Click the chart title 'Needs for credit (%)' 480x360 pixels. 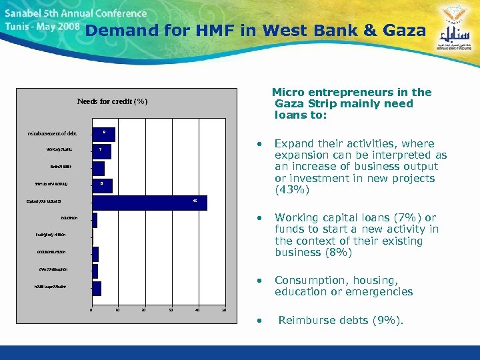pyautogui.click(x=112, y=101)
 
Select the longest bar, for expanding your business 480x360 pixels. pyautogui.click(x=149, y=203)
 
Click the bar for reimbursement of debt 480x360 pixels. pyautogui.click(x=103, y=134)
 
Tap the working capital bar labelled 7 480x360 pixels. pyautogui.click(x=101, y=151)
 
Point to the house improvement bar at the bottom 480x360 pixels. pyautogui.click(x=97, y=288)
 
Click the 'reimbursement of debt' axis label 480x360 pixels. pyautogui.click(x=51, y=134)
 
